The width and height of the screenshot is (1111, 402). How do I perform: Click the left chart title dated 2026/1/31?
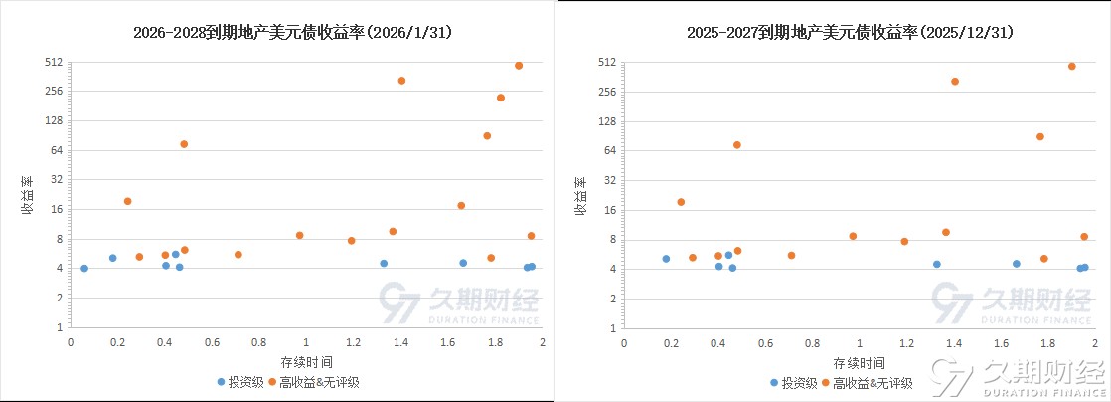[293, 33]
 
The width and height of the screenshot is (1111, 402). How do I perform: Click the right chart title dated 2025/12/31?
[850, 33]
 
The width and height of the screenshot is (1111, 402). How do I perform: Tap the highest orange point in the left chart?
[519, 66]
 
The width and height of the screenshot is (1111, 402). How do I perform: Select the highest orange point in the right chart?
[1072, 67]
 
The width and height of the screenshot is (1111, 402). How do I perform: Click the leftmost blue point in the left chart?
[84, 269]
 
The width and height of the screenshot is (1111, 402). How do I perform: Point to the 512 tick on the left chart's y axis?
[55, 62]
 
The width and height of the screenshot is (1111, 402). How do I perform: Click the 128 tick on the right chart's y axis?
[608, 121]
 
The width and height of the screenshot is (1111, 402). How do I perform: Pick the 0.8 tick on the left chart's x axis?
[259, 343]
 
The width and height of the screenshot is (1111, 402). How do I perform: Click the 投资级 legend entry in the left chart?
[240, 382]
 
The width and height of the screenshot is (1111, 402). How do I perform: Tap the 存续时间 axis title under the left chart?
[306, 361]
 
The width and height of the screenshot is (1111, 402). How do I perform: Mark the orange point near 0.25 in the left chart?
[128, 201]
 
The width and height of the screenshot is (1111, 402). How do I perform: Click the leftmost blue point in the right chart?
[666, 259]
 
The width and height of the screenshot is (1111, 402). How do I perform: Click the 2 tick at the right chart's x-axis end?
[1096, 343]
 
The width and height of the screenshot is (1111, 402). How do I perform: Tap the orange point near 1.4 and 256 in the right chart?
[955, 82]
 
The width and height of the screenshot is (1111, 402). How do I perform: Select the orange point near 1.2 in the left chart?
[352, 241]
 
